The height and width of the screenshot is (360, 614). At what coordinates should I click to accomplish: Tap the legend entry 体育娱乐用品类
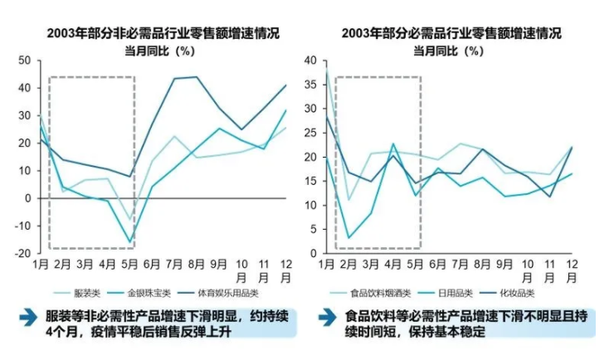(230, 293)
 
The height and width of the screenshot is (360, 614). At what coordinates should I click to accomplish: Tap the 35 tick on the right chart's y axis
(312, 84)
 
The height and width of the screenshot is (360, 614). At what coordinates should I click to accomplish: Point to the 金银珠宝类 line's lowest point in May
(130, 242)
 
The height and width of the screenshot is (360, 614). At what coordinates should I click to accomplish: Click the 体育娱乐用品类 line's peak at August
(197, 77)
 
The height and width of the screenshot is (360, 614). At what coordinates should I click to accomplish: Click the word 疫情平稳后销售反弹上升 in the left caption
(145, 331)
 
